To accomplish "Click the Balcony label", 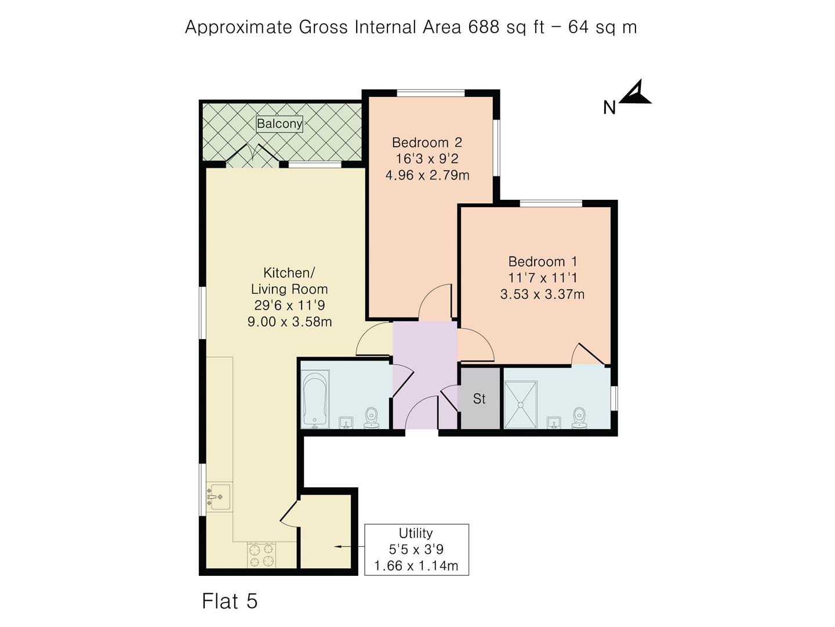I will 279,124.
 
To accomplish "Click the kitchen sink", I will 219,497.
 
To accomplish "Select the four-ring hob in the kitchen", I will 261,554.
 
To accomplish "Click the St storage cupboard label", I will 480,399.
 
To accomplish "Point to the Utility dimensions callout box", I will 416,549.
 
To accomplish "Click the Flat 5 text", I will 230,601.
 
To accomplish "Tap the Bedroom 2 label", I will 427,142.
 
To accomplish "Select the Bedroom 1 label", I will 543,261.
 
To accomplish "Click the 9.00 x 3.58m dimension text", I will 289,322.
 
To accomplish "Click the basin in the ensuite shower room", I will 554,422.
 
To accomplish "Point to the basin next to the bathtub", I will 346,422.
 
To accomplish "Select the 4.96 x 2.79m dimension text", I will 427,175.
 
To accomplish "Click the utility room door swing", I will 289,511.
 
